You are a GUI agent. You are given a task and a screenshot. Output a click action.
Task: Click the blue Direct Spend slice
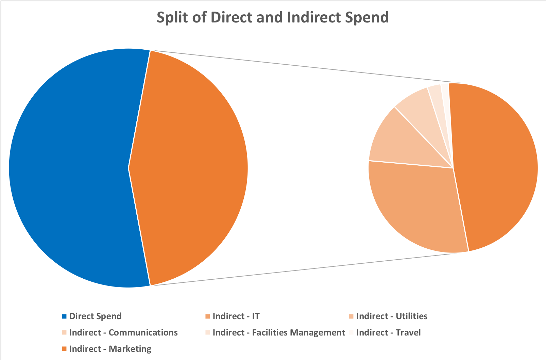[68, 167]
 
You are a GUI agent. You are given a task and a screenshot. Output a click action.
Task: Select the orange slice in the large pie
[190, 167]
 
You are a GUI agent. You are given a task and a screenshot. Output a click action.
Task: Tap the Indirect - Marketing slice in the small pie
[496, 167]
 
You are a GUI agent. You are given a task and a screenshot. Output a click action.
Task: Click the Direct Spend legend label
[95, 316]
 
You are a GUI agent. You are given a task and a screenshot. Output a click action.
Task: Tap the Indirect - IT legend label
[236, 316]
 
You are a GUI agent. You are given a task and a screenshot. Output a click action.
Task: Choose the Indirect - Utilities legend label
[392, 316]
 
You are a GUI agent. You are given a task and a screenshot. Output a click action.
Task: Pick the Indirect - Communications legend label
[123, 332]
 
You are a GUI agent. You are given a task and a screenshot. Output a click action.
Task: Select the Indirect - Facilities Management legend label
[278, 332]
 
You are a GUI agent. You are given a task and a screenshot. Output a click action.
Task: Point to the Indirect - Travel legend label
[388, 332]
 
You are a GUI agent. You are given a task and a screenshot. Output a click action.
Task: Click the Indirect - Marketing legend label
[110, 349]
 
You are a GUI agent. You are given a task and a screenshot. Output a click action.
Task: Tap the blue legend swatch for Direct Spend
[64, 316]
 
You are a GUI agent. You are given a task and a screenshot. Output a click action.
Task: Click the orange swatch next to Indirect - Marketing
[64, 349]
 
